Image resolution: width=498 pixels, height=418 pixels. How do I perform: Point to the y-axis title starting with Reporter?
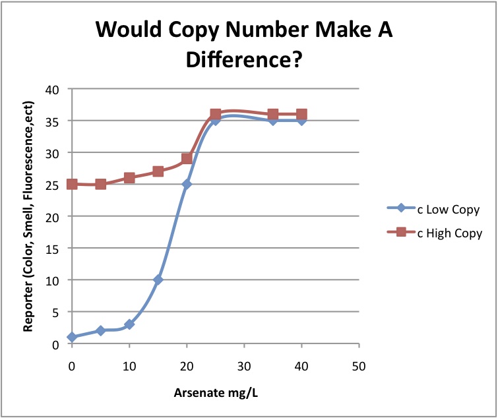28,216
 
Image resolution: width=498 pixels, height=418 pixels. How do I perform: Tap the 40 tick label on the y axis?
51,90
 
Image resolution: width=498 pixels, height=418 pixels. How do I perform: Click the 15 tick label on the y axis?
51,249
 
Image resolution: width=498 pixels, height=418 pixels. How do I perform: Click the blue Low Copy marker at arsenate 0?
72,337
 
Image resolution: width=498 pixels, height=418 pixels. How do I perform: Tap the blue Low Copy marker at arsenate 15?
158,280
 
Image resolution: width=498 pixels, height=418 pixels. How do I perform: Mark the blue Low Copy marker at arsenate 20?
187,185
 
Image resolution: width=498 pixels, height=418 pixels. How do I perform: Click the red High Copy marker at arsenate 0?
72,184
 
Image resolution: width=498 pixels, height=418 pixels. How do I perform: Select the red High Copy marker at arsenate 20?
187,159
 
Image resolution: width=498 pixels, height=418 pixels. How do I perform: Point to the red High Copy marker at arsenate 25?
215,115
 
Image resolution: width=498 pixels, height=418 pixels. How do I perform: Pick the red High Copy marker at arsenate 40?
301,115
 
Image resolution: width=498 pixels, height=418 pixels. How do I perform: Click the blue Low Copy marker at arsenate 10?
129,324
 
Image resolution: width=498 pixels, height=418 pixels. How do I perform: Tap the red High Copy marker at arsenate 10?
129,178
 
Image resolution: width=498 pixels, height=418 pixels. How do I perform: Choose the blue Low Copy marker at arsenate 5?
100,330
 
